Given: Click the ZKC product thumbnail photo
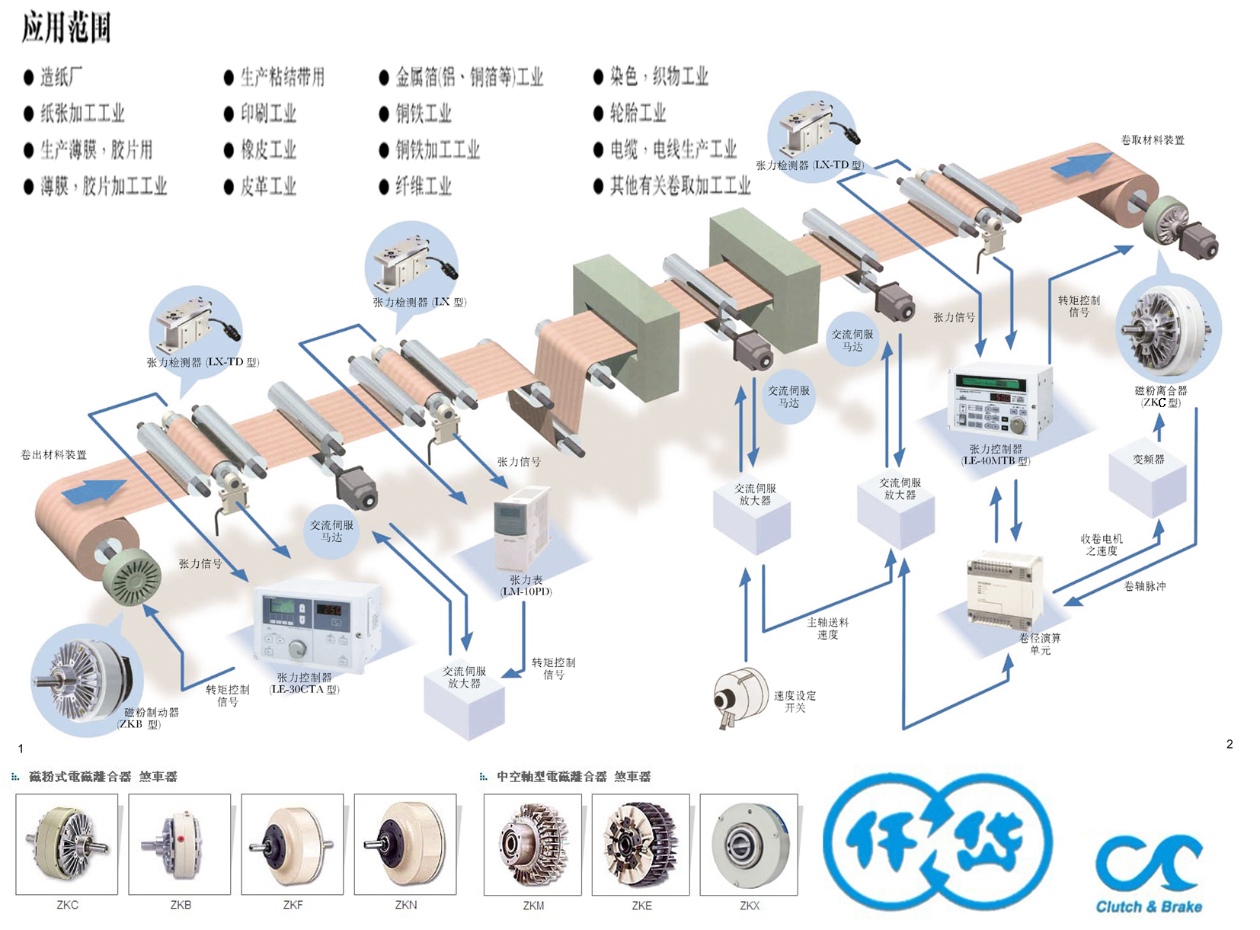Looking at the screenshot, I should pos(67,844).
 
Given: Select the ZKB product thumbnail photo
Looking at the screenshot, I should pos(180,844).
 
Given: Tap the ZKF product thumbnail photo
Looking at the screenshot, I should pos(293,844).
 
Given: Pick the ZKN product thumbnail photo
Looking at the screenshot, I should pos(405,844).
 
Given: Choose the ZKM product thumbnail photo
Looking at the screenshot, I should pos(532,845).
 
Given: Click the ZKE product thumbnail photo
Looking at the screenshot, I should pos(641,845).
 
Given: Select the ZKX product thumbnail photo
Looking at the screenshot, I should pos(749,845).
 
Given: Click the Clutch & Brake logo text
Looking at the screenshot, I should pos(1149,907).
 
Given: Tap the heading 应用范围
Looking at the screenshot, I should pos(66,27).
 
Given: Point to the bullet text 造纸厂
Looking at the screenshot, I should pos(61,77).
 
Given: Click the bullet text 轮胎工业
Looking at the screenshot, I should pos(638,114).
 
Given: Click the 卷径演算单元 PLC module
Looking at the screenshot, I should pos(1004,591).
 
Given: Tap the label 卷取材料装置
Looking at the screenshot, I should pos(1152,140).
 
